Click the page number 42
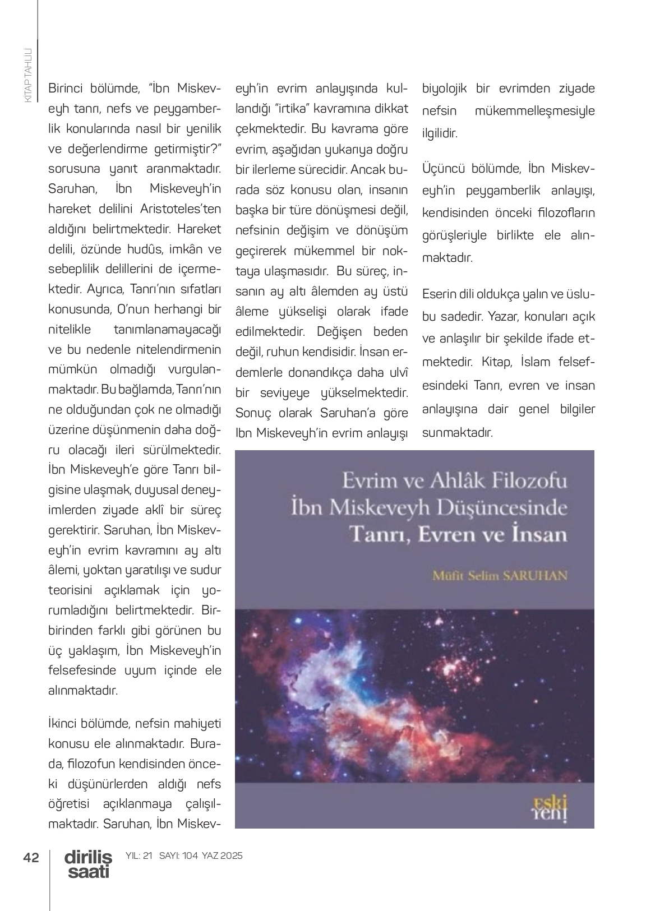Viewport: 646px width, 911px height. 31,857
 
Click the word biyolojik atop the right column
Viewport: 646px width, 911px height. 444,89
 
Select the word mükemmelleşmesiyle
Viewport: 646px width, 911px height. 534,111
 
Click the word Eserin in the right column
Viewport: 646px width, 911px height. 439,294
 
